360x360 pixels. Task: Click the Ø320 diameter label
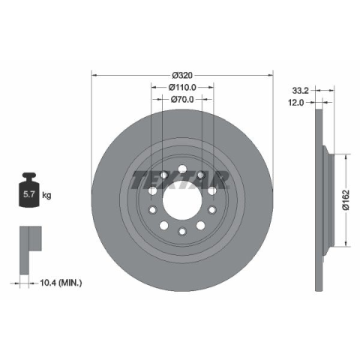[x=182, y=75]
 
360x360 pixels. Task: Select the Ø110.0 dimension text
[x=182, y=87]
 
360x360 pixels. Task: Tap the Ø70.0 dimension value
[x=182, y=100]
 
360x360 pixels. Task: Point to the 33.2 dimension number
[x=301, y=91]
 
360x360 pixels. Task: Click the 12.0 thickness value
[x=296, y=102]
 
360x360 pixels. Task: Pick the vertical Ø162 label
[x=346, y=200]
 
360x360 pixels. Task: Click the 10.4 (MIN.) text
[x=61, y=283]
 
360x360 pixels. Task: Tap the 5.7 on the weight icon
[x=28, y=194]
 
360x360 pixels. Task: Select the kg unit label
[x=46, y=195]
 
